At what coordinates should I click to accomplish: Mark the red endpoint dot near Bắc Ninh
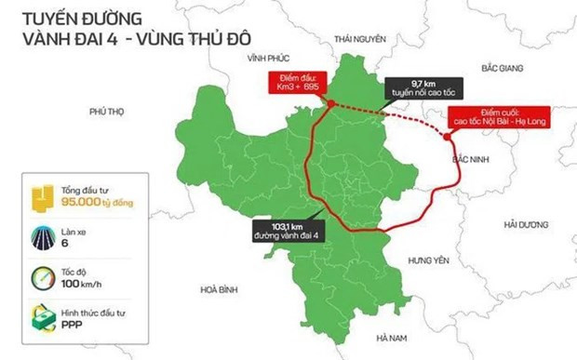pos(450,137)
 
